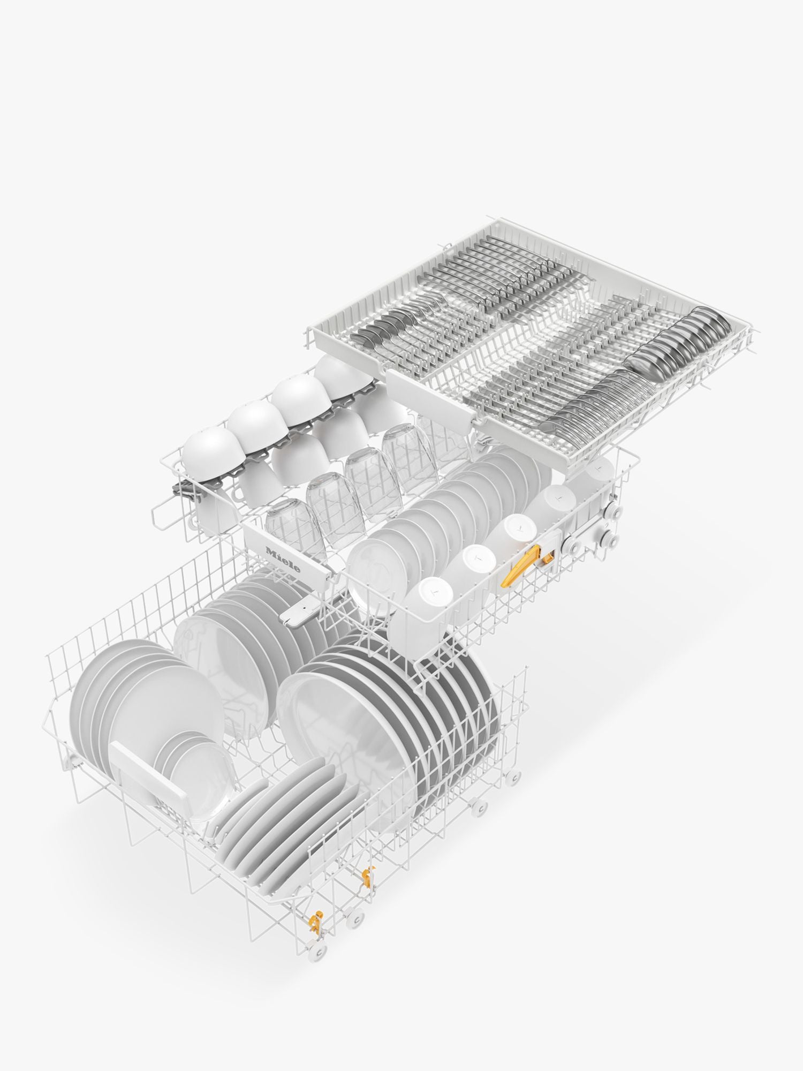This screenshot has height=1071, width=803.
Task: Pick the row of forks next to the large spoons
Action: click(600, 396)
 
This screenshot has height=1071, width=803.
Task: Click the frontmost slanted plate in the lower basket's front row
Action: click(252, 846)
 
